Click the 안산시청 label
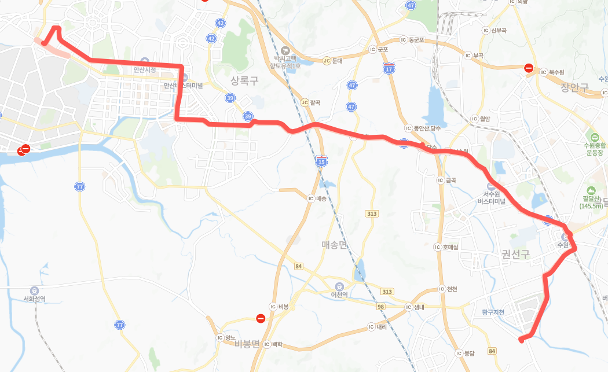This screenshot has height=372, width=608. (145, 69)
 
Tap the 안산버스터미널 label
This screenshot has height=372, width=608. (183, 85)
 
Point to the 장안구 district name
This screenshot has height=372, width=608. (574, 88)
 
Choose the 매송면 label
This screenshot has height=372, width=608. (334, 245)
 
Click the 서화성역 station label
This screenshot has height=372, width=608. (34, 299)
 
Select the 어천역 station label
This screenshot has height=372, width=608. (339, 294)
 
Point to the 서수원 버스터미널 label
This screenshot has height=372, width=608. (491, 198)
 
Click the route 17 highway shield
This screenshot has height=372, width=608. (388, 69)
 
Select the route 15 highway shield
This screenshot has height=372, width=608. (321, 162)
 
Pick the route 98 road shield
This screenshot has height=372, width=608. (381, 306)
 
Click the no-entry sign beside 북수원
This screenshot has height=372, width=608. (529, 68)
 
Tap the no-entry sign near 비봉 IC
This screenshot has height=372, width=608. (261, 318)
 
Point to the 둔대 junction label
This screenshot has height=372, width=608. (334, 60)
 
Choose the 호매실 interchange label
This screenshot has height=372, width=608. (450, 247)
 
